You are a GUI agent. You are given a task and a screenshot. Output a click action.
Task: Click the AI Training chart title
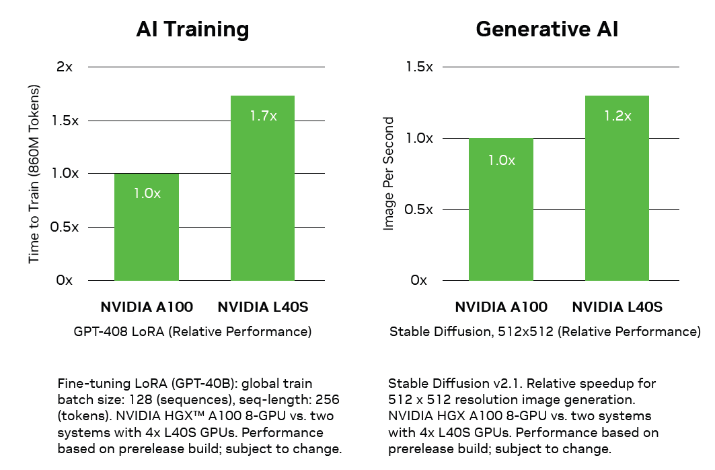[192, 29]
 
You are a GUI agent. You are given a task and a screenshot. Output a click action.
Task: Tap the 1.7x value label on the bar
[263, 116]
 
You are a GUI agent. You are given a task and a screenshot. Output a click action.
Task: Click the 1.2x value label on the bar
[617, 116]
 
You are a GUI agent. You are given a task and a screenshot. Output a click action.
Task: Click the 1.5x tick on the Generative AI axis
[419, 67]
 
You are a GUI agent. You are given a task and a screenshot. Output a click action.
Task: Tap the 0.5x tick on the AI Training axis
[65, 227]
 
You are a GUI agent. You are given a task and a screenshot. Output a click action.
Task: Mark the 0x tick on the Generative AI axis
[418, 280]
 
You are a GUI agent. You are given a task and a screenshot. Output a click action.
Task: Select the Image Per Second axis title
[388, 174]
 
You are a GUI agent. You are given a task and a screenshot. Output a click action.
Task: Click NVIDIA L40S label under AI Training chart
[262, 308]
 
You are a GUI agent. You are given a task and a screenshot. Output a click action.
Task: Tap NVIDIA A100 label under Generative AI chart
[501, 308]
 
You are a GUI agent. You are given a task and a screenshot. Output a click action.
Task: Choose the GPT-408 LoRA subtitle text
[192, 332]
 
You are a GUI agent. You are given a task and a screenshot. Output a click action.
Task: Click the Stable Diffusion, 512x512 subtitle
[545, 332]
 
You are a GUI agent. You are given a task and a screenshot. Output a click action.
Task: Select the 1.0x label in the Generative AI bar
[501, 160]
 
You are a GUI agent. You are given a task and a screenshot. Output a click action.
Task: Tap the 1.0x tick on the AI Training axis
[65, 173]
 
